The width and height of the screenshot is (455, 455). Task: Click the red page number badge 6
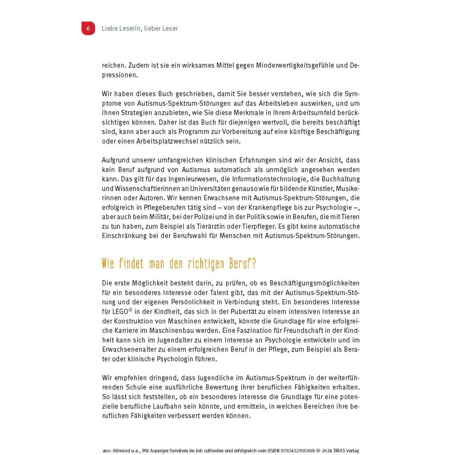tap(88, 28)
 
